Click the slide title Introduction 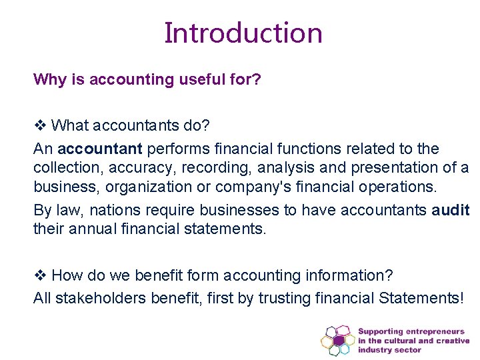(243, 33)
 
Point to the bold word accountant (99, 148)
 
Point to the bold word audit (450, 211)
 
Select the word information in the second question (352, 275)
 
